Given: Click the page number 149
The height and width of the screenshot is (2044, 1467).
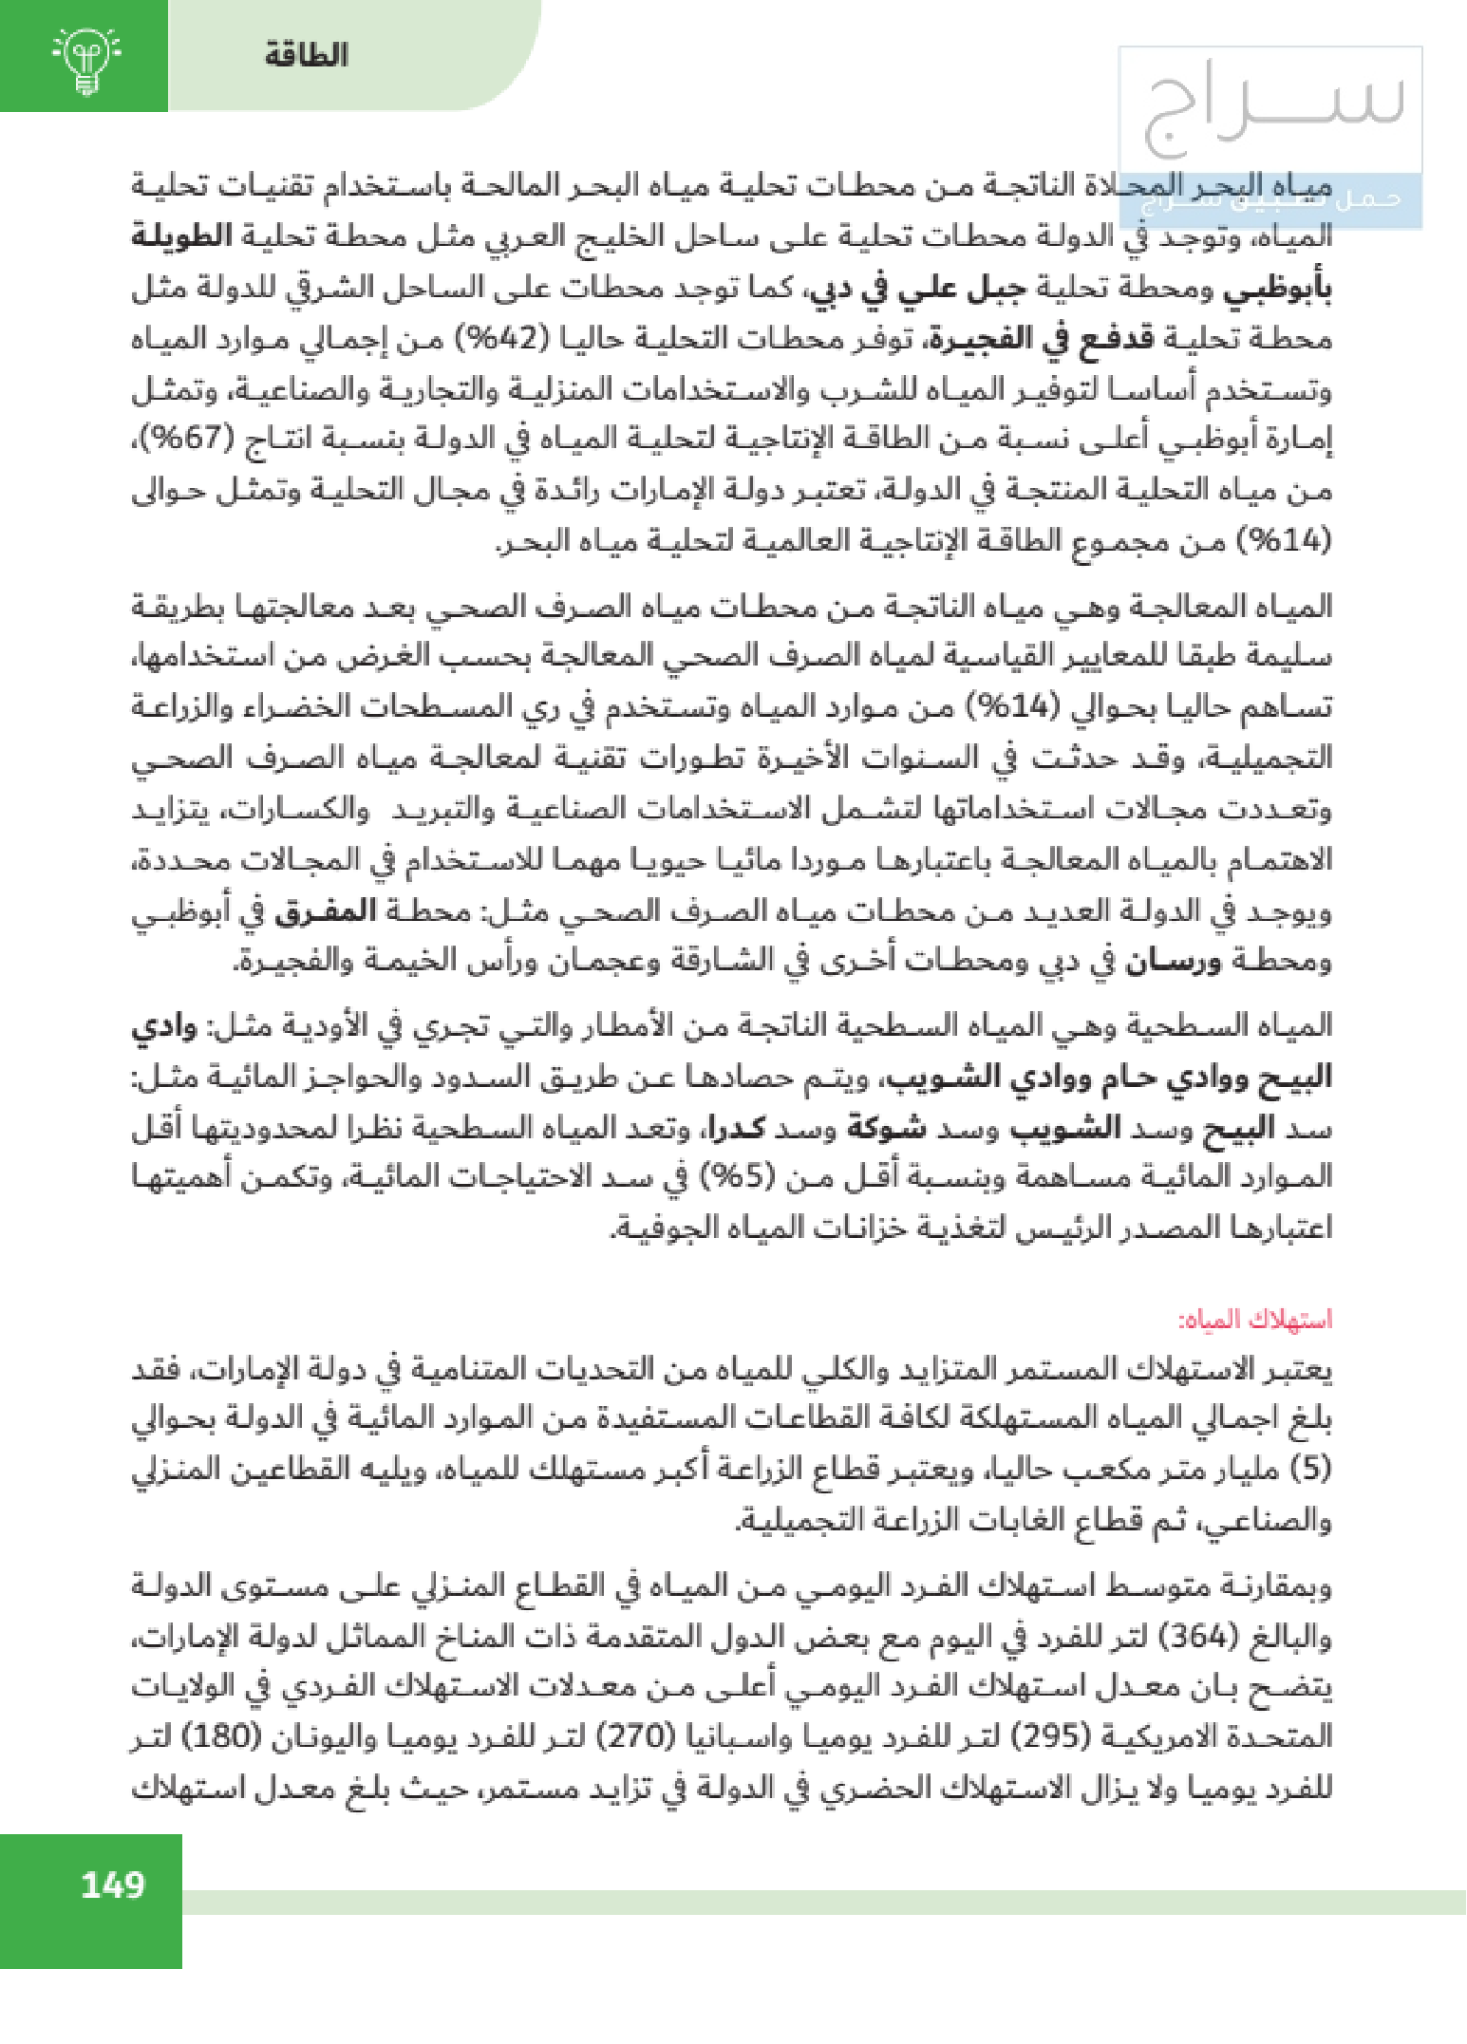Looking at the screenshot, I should [112, 1884].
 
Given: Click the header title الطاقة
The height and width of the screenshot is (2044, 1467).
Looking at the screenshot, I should [307, 55].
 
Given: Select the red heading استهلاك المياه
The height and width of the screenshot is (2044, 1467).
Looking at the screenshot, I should [1255, 1319].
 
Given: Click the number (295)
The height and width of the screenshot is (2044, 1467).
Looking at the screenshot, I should [1053, 1738].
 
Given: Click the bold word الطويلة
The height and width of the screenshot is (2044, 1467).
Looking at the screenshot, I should [181, 236].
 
